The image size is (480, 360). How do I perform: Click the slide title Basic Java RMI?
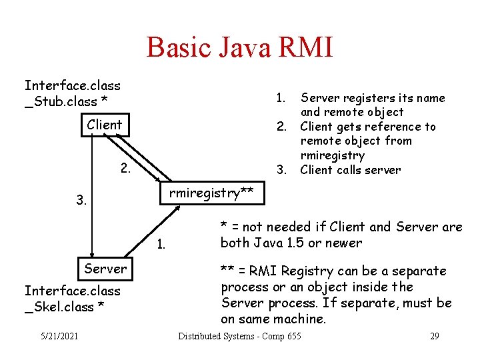pyautogui.click(x=239, y=47)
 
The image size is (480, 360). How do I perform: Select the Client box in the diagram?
pyautogui.click(x=105, y=125)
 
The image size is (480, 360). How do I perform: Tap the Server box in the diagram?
pyautogui.click(x=105, y=269)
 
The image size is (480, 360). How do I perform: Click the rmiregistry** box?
pyautogui.click(x=211, y=193)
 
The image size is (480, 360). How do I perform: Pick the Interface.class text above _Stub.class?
pyautogui.click(x=72, y=85)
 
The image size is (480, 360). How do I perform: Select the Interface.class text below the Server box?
pyautogui.click(x=72, y=291)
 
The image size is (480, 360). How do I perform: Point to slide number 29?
pyautogui.click(x=434, y=336)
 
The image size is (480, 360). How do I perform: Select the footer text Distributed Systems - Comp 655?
pyautogui.click(x=239, y=336)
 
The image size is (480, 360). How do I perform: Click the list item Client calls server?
pyautogui.click(x=351, y=170)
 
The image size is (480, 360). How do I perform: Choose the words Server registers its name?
pyautogui.click(x=373, y=98)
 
